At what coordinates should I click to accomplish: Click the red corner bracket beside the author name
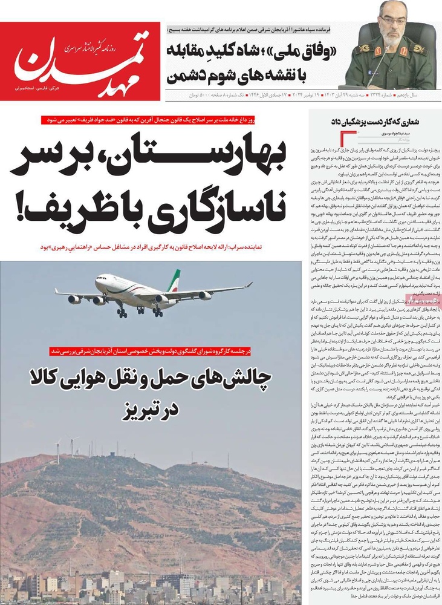(x=349, y=136)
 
